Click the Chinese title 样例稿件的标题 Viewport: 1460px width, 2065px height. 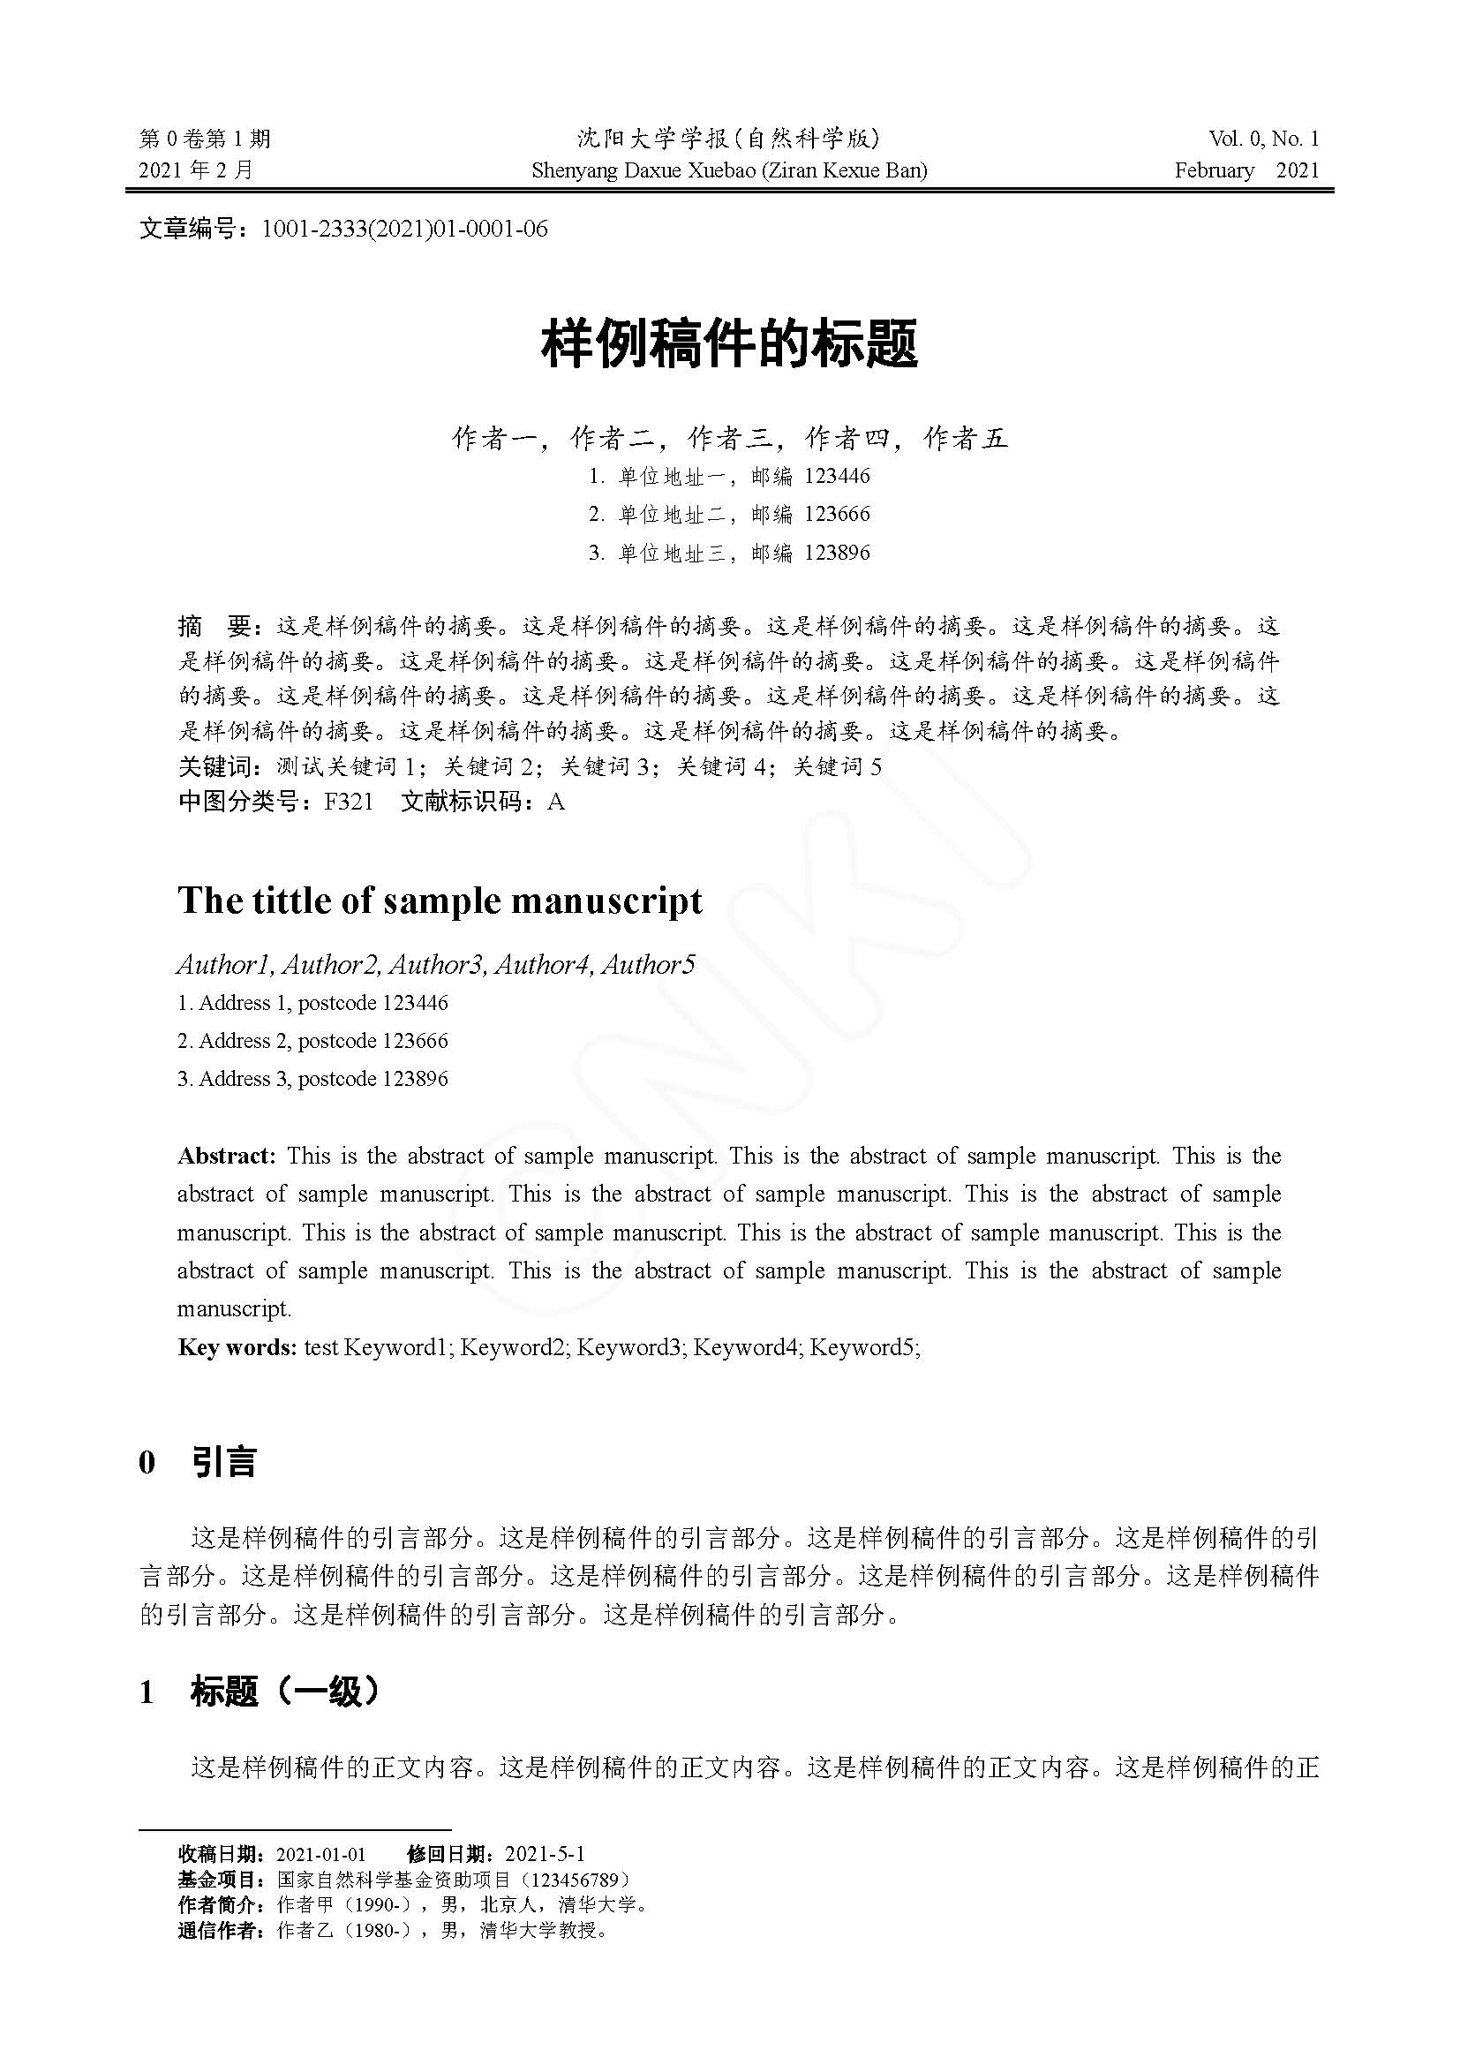(x=729, y=344)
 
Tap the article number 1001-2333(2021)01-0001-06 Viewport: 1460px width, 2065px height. (x=403, y=229)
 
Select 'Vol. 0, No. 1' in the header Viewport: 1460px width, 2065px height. (x=1263, y=139)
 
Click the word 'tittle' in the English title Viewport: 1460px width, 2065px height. (x=290, y=901)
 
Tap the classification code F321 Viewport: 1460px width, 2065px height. (x=349, y=802)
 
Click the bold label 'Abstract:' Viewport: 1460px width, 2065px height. (x=227, y=1156)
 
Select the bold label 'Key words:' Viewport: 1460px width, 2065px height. (x=237, y=1347)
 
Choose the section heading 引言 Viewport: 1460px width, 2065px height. (x=224, y=1462)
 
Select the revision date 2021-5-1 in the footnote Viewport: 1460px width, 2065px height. (x=545, y=1854)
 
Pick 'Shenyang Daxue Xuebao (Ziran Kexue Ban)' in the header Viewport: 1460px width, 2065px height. (x=729, y=170)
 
